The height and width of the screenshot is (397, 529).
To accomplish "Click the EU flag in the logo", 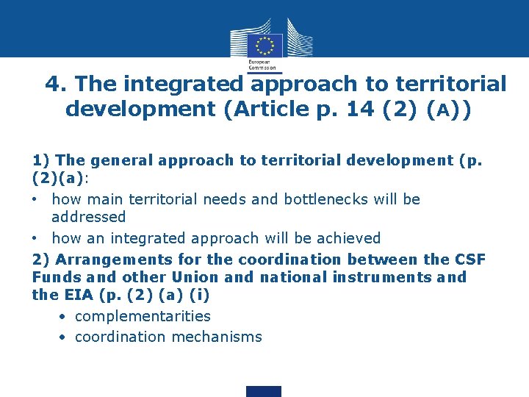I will [264, 44].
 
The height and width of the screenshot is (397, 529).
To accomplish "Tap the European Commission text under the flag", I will [263, 65].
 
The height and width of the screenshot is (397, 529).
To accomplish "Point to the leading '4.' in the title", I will [57, 85].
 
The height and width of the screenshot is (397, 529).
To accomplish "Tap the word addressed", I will [89, 217].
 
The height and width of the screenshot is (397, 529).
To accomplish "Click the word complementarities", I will [143, 316].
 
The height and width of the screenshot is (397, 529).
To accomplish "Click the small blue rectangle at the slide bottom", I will [263, 391].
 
